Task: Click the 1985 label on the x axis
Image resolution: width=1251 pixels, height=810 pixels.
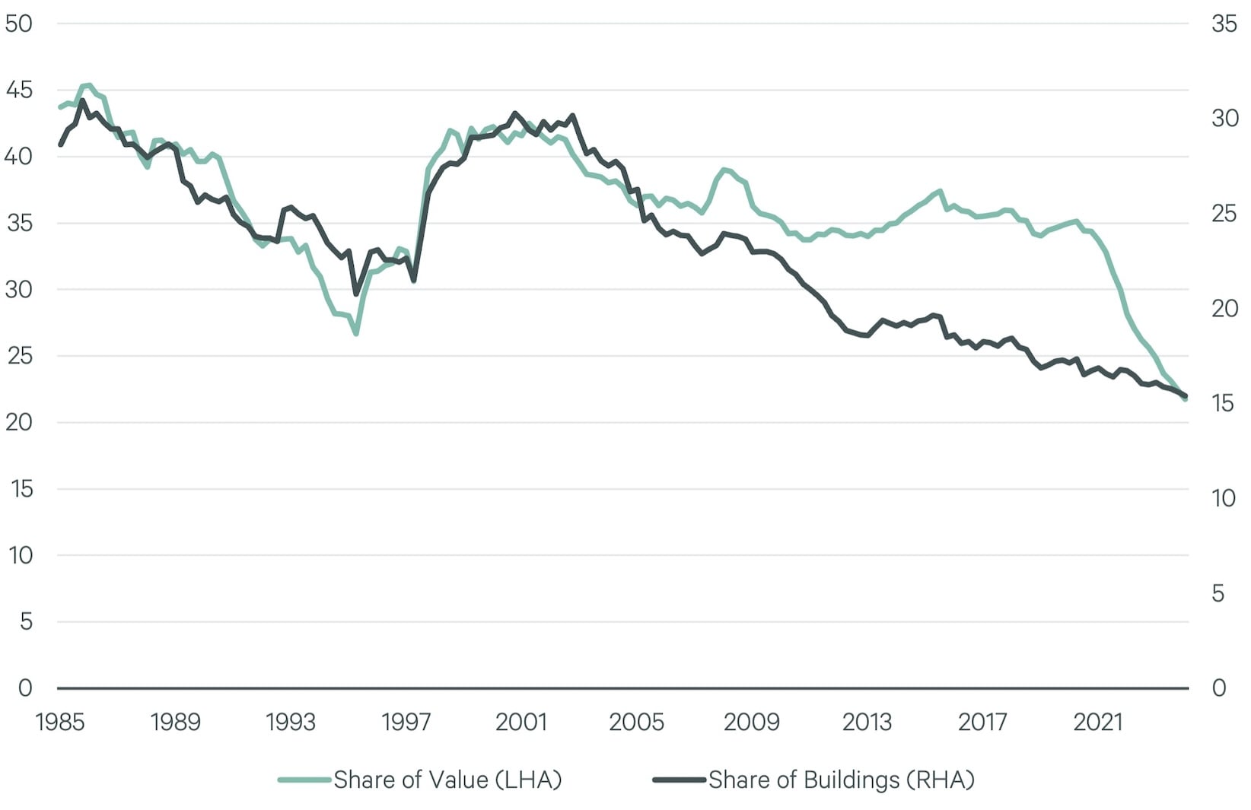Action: [60, 721]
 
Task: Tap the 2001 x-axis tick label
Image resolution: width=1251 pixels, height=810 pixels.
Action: [521, 721]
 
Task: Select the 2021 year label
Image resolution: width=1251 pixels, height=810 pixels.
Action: [1097, 721]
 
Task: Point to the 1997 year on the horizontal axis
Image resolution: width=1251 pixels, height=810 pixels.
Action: [406, 721]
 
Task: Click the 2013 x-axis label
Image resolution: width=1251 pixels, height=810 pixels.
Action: [867, 721]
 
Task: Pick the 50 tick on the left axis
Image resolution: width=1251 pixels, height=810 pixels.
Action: [18, 24]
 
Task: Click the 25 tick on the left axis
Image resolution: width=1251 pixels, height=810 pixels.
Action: [18, 356]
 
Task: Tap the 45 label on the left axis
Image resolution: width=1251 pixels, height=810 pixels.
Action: [18, 91]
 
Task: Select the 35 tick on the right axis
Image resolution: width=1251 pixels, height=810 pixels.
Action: [1224, 24]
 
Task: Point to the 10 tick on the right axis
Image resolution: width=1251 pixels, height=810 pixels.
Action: [1224, 498]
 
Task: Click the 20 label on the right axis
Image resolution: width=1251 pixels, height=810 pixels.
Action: [1224, 308]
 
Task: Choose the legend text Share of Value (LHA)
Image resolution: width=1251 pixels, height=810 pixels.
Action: [447, 780]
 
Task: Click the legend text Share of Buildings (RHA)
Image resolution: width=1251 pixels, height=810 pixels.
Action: [841, 780]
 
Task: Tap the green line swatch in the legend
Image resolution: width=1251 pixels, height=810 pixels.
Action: [304, 780]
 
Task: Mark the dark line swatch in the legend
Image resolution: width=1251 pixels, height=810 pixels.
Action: [680, 780]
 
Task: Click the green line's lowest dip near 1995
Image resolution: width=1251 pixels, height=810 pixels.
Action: [355, 333]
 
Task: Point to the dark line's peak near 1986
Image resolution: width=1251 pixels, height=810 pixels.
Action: [82, 100]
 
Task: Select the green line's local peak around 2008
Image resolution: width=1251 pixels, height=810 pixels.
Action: [724, 170]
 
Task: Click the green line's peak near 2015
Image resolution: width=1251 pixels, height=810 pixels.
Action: [941, 191]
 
